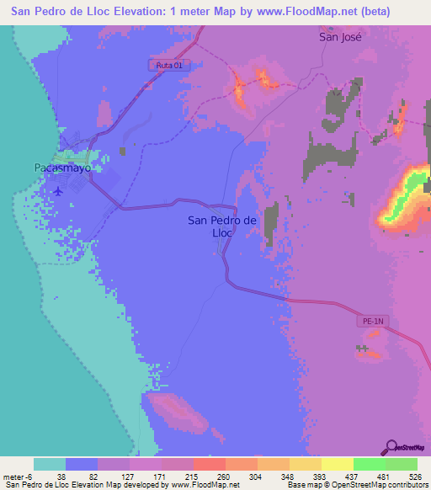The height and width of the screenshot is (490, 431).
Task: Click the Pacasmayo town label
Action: click(x=62, y=168)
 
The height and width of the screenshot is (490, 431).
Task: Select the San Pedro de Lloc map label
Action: click(x=221, y=227)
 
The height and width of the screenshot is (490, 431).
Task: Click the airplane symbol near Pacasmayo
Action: click(x=57, y=190)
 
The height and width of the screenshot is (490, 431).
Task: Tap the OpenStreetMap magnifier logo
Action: click(x=393, y=446)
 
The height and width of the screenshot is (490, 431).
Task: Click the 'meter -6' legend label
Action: click(x=17, y=476)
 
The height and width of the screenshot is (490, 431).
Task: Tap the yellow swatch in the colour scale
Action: click(x=337, y=464)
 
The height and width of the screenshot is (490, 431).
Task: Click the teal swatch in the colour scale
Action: click(x=50, y=464)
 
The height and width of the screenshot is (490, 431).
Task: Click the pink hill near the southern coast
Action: click(x=178, y=412)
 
